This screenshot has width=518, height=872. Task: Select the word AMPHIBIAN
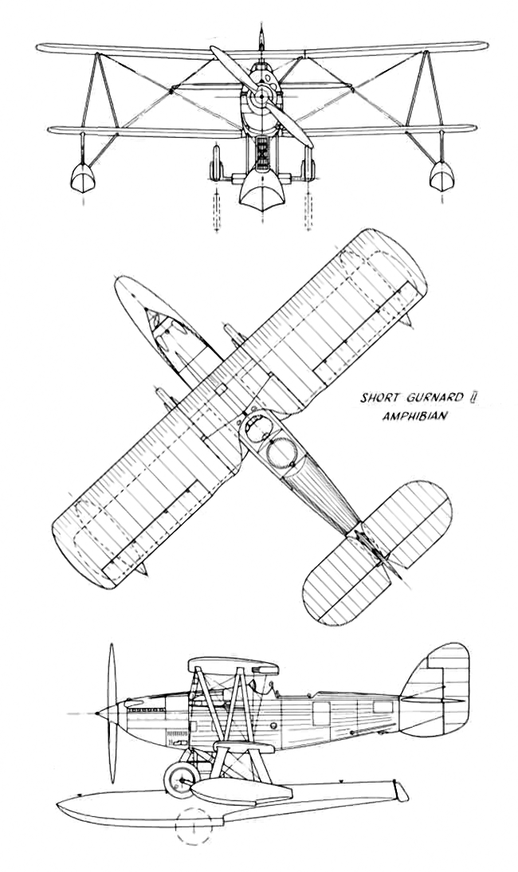pos(414,415)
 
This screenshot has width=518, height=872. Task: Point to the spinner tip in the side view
pos(98,713)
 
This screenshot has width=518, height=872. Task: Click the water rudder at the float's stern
pos(399,790)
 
